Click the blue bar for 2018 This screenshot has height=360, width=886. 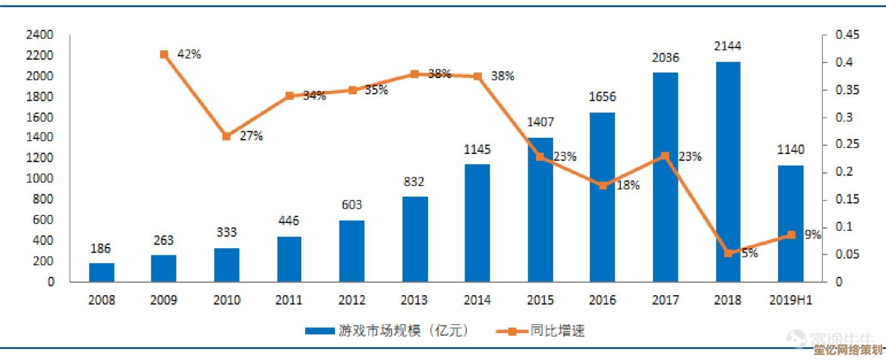click(728, 172)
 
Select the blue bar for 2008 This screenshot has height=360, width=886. click(101, 272)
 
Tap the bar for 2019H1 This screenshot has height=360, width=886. click(790, 223)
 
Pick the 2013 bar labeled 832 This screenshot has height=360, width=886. click(415, 239)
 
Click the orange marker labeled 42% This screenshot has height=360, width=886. click(164, 54)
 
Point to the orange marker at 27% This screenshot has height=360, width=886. click(226, 136)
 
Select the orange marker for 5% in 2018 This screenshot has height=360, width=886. click(729, 253)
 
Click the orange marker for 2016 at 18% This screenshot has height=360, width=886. click(603, 186)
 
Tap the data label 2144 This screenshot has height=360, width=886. click(728, 46)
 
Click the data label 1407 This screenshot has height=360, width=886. click(540, 122)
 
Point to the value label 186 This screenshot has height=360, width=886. click(101, 249)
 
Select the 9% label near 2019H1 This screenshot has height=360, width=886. click(812, 235)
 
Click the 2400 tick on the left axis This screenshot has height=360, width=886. click(39, 35)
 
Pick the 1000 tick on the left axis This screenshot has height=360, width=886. click(39, 178)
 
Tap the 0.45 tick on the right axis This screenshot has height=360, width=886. click(847, 35)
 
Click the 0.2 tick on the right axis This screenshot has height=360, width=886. click(844, 172)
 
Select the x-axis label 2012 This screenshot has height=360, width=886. click(352, 300)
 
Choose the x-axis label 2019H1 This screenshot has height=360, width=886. click(790, 300)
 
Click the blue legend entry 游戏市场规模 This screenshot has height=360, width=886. click(388, 331)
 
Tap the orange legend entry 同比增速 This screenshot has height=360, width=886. click(540, 331)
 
